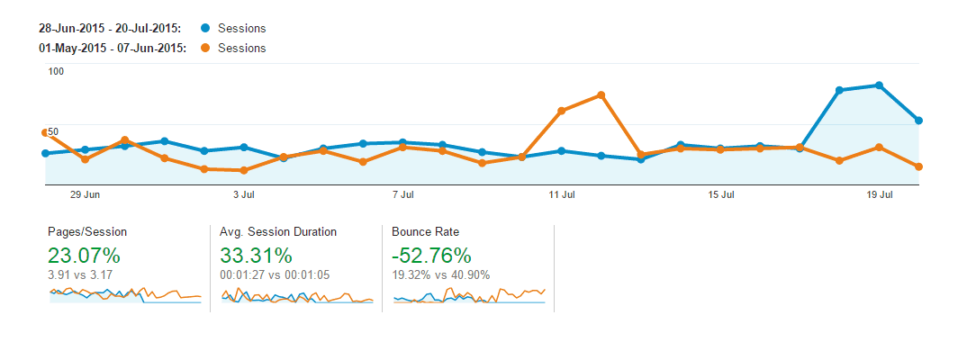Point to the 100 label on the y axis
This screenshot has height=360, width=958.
click(56, 71)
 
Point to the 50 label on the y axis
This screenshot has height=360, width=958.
click(53, 131)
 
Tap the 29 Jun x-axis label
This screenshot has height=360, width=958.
click(85, 194)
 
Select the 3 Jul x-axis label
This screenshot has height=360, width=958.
click(242, 194)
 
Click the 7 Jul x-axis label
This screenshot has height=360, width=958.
click(402, 194)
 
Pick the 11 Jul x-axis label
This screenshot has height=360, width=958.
click(562, 194)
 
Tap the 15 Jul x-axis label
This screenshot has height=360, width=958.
click(721, 194)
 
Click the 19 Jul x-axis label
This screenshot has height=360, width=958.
click(880, 194)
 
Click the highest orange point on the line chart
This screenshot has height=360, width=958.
click(601, 94)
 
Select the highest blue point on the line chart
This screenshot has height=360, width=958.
click(879, 85)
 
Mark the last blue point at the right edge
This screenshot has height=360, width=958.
click(918, 120)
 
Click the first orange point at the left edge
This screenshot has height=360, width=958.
click(45, 132)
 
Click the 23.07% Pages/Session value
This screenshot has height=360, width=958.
click(83, 255)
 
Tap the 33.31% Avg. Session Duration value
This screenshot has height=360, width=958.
click(256, 255)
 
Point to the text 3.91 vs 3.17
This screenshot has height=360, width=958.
click(80, 274)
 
